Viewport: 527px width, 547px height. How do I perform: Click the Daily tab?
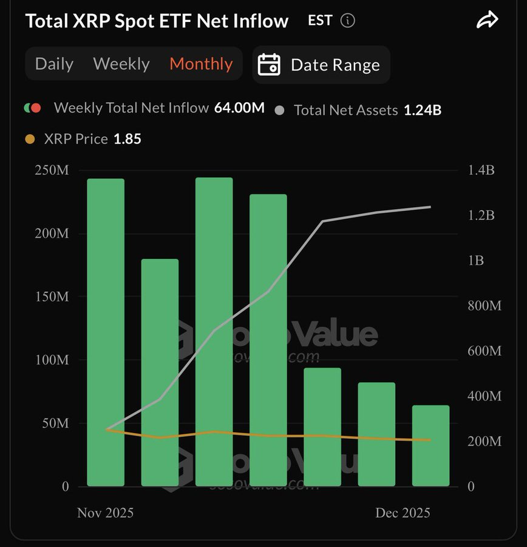click(x=54, y=64)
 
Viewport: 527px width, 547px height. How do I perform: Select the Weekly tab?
click(x=121, y=64)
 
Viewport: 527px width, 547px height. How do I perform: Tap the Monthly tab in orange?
click(x=201, y=64)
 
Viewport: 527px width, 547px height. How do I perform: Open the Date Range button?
click(x=321, y=64)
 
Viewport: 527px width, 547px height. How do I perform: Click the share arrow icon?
click(x=487, y=21)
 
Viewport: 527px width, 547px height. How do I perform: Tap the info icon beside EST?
click(x=348, y=21)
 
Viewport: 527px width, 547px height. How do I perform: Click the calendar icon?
click(x=269, y=64)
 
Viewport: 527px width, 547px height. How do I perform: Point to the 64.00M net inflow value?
click(x=239, y=108)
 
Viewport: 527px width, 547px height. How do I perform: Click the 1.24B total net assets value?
click(x=423, y=111)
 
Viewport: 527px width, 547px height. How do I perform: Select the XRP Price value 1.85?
click(x=127, y=139)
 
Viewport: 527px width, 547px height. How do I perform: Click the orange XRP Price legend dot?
click(x=30, y=139)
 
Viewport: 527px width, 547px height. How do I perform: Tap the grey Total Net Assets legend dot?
click(x=279, y=111)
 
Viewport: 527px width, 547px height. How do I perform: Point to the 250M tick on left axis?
click(x=51, y=171)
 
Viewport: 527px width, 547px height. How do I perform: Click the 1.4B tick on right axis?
click(x=481, y=170)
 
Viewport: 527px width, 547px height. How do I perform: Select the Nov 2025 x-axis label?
click(x=105, y=513)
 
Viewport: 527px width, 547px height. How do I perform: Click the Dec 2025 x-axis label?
click(x=402, y=513)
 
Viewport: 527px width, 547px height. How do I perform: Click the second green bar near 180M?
click(x=160, y=372)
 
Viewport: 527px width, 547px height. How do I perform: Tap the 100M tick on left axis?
click(x=51, y=360)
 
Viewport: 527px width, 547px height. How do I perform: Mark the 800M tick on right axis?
click(x=484, y=306)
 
